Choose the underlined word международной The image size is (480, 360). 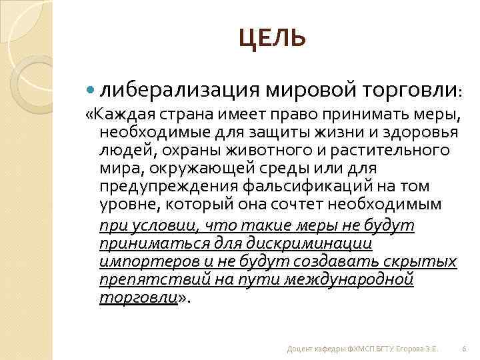348,279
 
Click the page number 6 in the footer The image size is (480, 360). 464,349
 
